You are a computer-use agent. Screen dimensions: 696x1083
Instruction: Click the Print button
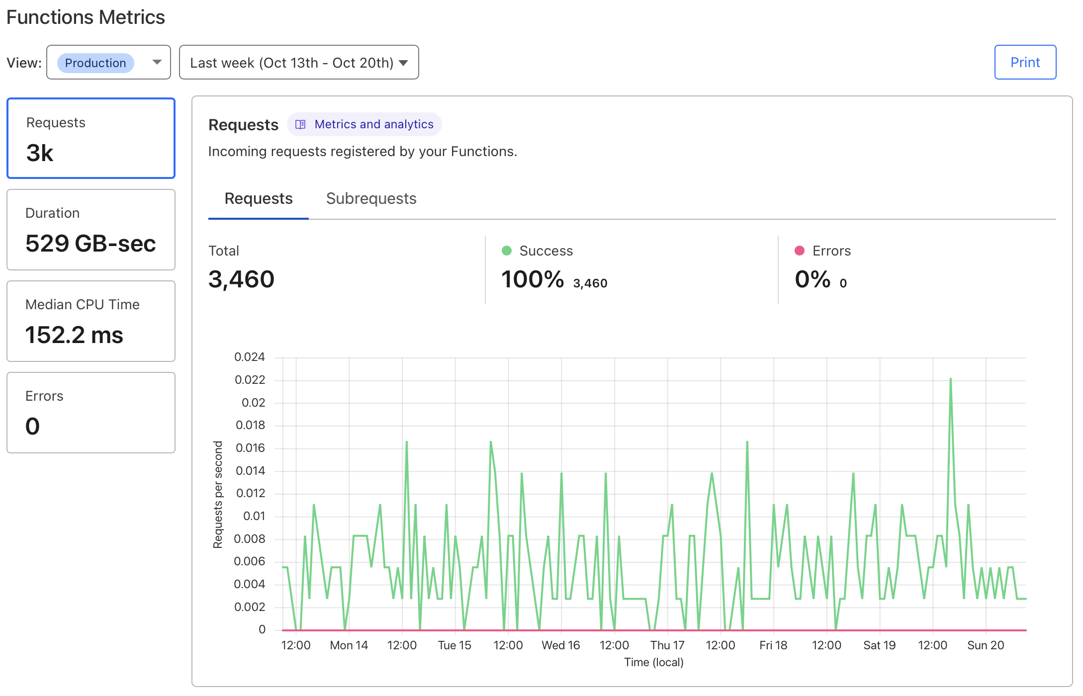pyautogui.click(x=1025, y=62)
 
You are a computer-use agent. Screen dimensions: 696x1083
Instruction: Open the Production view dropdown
pyautogui.click(x=108, y=62)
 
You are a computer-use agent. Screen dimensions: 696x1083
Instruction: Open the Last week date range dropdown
pyautogui.click(x=298, y=63)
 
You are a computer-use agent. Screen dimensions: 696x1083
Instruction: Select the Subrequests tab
pyautogui.click(x=371, y=198)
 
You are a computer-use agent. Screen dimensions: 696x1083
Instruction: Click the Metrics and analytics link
pyautogui.click(x=373, y=124)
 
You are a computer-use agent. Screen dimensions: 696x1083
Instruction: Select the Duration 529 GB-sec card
pyautogui.click(x=91, y=230)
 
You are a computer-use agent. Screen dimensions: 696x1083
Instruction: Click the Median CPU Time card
pyautogui.click(x=91, y=321)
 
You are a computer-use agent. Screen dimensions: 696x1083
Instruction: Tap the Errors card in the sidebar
pyautogui.click(x=91, y=413)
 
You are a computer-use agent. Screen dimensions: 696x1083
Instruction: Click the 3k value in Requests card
pyautogui.click(x=40, y=153)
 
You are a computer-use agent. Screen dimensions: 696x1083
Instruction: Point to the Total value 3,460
pyautogui.click(x=241, y=279)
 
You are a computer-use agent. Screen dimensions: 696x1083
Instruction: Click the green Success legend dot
pyautogui.click(x=507, y=251)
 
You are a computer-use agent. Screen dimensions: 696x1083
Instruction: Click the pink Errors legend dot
pyautogui.click(x=800, y=251)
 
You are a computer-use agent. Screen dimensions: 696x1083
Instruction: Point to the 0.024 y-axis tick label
pyautogui.click(x=249, y=357)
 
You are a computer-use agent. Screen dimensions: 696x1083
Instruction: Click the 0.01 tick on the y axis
pyautogui.click(x=254, y=516)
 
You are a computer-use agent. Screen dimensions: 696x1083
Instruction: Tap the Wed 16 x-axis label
pyautogui.click(x=560, y=645)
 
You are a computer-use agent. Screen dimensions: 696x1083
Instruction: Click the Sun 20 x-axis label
pyautogui.click(x=985, y=645)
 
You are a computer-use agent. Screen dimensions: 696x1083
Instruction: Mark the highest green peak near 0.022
pyautogui.click(x=950, y=379)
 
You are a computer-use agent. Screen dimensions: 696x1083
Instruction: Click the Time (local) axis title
pyautogui.click(x=653, y=662)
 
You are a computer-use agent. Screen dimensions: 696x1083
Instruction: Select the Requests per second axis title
pyautogui.click(x=218, y=495)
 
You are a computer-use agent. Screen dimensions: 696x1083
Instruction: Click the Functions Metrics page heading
pyautogui.click(x=86, y=17)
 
